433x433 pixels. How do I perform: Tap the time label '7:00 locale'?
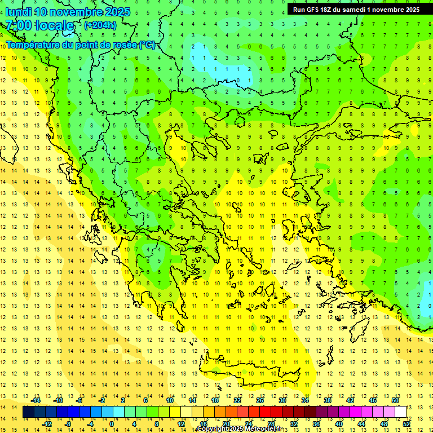click(x=39, y=25)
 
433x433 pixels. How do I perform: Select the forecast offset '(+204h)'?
click(x=100, y=25)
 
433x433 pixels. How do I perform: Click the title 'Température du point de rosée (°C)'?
click(x=80, y=45)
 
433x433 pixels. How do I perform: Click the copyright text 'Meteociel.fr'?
click(x=266, y=429)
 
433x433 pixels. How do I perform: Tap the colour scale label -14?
click(x=36, y=400)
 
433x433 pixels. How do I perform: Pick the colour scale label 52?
click(x=407, y=423)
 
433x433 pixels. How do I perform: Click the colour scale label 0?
click(x=112, y=423)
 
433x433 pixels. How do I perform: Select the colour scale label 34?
click(x=305, y=400)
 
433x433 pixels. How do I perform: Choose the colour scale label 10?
click(x=170, y=400)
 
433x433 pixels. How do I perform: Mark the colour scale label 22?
click(x=237, y=400)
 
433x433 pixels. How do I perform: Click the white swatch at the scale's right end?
click(x=400, y=412)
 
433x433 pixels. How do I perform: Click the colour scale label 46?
click(x=373, y=400)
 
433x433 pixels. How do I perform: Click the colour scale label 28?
click(x=271, y=423)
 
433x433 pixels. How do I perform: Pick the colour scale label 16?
click(x=204, y=423)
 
